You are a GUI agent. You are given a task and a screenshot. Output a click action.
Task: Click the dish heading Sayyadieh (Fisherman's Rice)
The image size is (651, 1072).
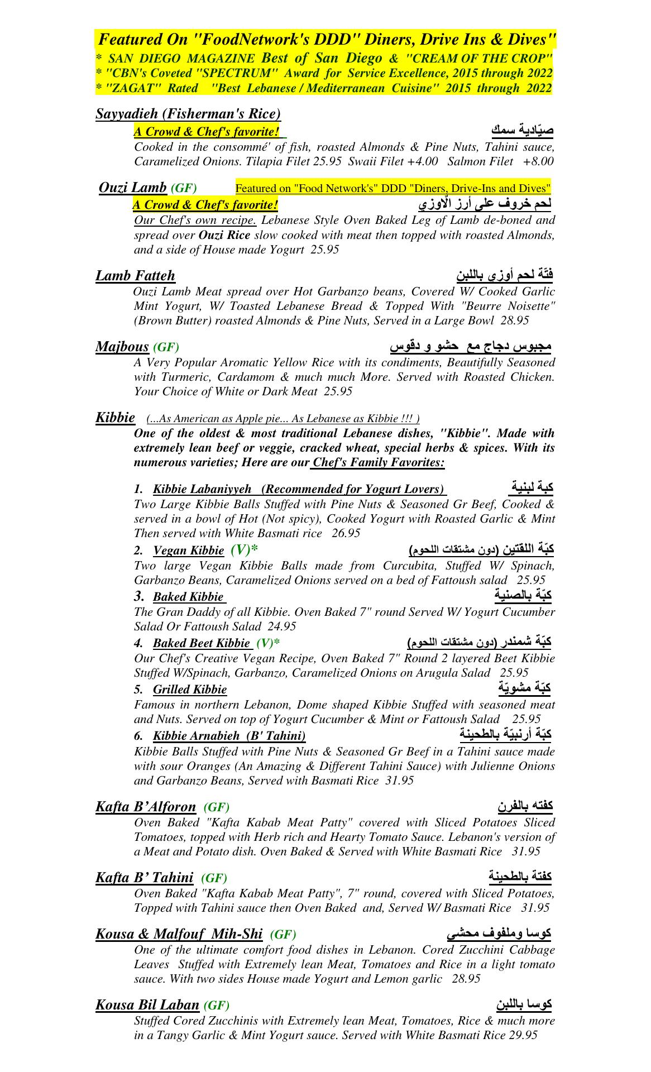188,114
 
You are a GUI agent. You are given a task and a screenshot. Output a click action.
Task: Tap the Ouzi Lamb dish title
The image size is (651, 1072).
132,188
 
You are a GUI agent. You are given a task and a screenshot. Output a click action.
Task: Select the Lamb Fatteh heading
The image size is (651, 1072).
135,276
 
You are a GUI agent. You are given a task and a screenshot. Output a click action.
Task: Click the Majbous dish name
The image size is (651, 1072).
122,347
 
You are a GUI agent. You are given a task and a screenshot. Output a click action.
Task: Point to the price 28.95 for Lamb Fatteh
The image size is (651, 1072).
515,321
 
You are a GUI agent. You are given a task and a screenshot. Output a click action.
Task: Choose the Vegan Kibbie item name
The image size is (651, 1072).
188,551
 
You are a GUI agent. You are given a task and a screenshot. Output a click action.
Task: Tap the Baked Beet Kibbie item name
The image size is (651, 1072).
202,643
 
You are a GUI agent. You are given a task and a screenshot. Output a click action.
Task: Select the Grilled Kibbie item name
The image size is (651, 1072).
190,690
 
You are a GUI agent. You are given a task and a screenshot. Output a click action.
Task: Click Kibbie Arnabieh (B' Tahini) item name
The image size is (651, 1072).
229,736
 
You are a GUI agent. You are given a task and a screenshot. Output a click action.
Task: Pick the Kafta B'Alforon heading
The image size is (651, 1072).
146,807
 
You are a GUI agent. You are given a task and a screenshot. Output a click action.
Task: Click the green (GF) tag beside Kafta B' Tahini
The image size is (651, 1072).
214,878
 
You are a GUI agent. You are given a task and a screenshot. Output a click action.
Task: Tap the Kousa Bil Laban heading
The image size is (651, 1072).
147,1005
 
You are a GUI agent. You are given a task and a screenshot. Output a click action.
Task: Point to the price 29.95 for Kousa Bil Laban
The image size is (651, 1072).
523,1035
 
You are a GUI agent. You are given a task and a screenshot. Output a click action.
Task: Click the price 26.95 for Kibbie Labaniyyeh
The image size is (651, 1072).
346,533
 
